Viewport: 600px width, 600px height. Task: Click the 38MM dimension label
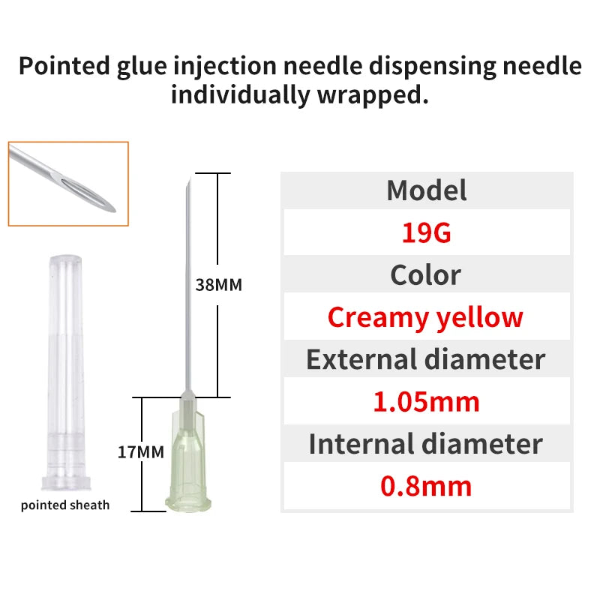point(218,285)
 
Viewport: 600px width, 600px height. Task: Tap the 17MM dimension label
point(141,452)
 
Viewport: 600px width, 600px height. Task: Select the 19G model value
point(426,232)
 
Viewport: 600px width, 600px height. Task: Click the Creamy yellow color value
point(425,317)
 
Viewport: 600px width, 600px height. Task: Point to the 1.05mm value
point(426,402)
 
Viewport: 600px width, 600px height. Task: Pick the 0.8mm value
point(426,486)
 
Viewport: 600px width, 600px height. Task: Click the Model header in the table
point(426,190)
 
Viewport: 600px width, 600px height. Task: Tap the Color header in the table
point(425,274)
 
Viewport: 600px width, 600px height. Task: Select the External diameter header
point(425,359)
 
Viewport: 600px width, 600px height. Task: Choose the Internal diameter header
point(425,444)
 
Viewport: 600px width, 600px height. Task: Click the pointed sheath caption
point(65,505)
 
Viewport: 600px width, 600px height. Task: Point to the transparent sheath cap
point(66,373)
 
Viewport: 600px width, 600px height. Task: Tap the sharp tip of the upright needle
point(190,177)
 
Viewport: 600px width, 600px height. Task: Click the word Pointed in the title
point(64,65)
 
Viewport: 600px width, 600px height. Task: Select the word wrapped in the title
point(373,96)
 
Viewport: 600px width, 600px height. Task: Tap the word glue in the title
point(142,67)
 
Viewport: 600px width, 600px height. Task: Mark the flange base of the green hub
point(188,505)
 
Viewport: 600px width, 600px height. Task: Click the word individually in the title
point(240,94)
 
